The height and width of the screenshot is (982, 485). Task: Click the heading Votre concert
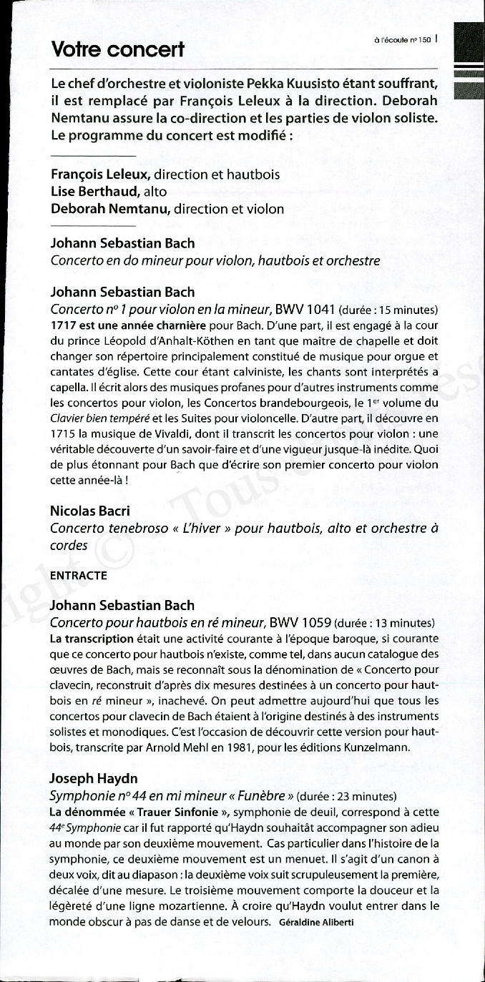117,49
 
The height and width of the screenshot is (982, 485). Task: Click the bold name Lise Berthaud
95,192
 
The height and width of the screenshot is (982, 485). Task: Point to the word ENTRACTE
79,575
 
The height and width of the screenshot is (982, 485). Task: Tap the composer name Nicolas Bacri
90,511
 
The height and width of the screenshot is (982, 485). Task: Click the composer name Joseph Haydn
94,778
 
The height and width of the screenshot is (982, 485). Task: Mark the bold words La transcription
92,639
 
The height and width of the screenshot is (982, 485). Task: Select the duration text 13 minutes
406,623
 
